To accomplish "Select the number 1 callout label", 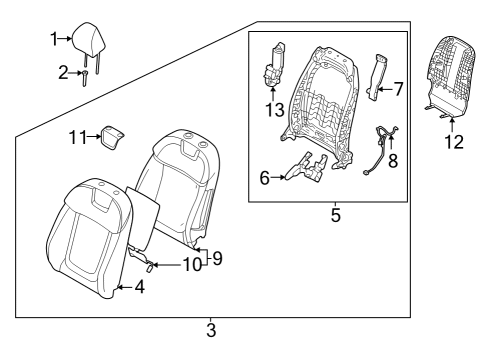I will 54,39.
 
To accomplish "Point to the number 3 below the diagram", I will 211,328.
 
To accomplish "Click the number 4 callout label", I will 139,287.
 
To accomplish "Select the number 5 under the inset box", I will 335,213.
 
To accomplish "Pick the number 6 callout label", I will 264,178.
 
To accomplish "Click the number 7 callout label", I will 399,89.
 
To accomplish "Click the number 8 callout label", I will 392,159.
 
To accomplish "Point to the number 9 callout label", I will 216,258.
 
